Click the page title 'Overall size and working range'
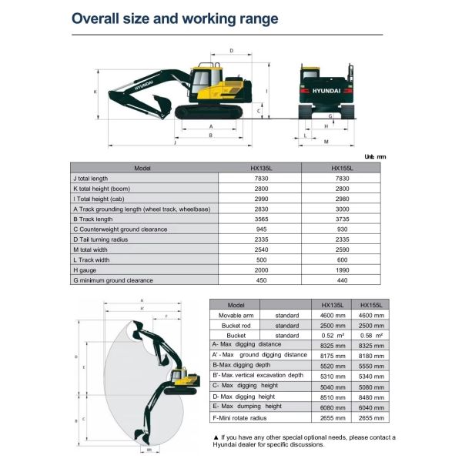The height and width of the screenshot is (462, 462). tap(176, 18)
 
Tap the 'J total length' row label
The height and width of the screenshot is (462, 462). tap(91, 179)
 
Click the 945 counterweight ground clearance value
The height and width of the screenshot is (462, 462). tap(260, 229)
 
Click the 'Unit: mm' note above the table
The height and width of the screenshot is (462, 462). tap(374, 156)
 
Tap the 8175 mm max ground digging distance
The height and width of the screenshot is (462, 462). tap(331, 355)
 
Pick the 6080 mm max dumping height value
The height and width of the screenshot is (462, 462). tap(331, 406)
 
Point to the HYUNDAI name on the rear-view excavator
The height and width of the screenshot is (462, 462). tap(324, 91)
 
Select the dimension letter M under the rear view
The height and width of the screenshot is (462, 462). tap(326, 142)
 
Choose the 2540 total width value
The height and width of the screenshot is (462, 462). tap(260, 249)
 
